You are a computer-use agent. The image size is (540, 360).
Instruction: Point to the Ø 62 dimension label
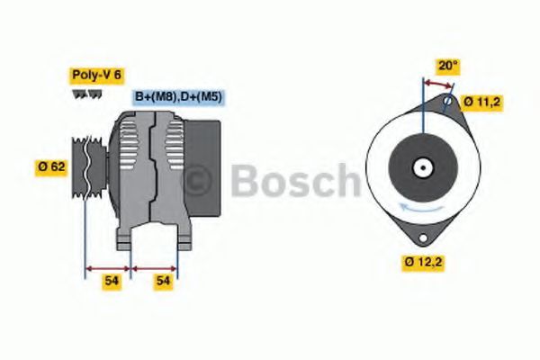pyautogui.click(x=50, y=166)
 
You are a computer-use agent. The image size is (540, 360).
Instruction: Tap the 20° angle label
pyautogui.click(x=448, y=66)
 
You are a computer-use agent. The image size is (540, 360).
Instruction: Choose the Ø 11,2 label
pyautogui.click(x=481, y=102)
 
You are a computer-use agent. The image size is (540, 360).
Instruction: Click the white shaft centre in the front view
pyautogui.click(x=421, y=167)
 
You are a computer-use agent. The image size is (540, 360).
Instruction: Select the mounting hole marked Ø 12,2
pyautogui.click(x=421, y=236)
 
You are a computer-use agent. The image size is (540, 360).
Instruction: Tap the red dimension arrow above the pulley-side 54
pyautogui.click(x=108, y=267)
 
